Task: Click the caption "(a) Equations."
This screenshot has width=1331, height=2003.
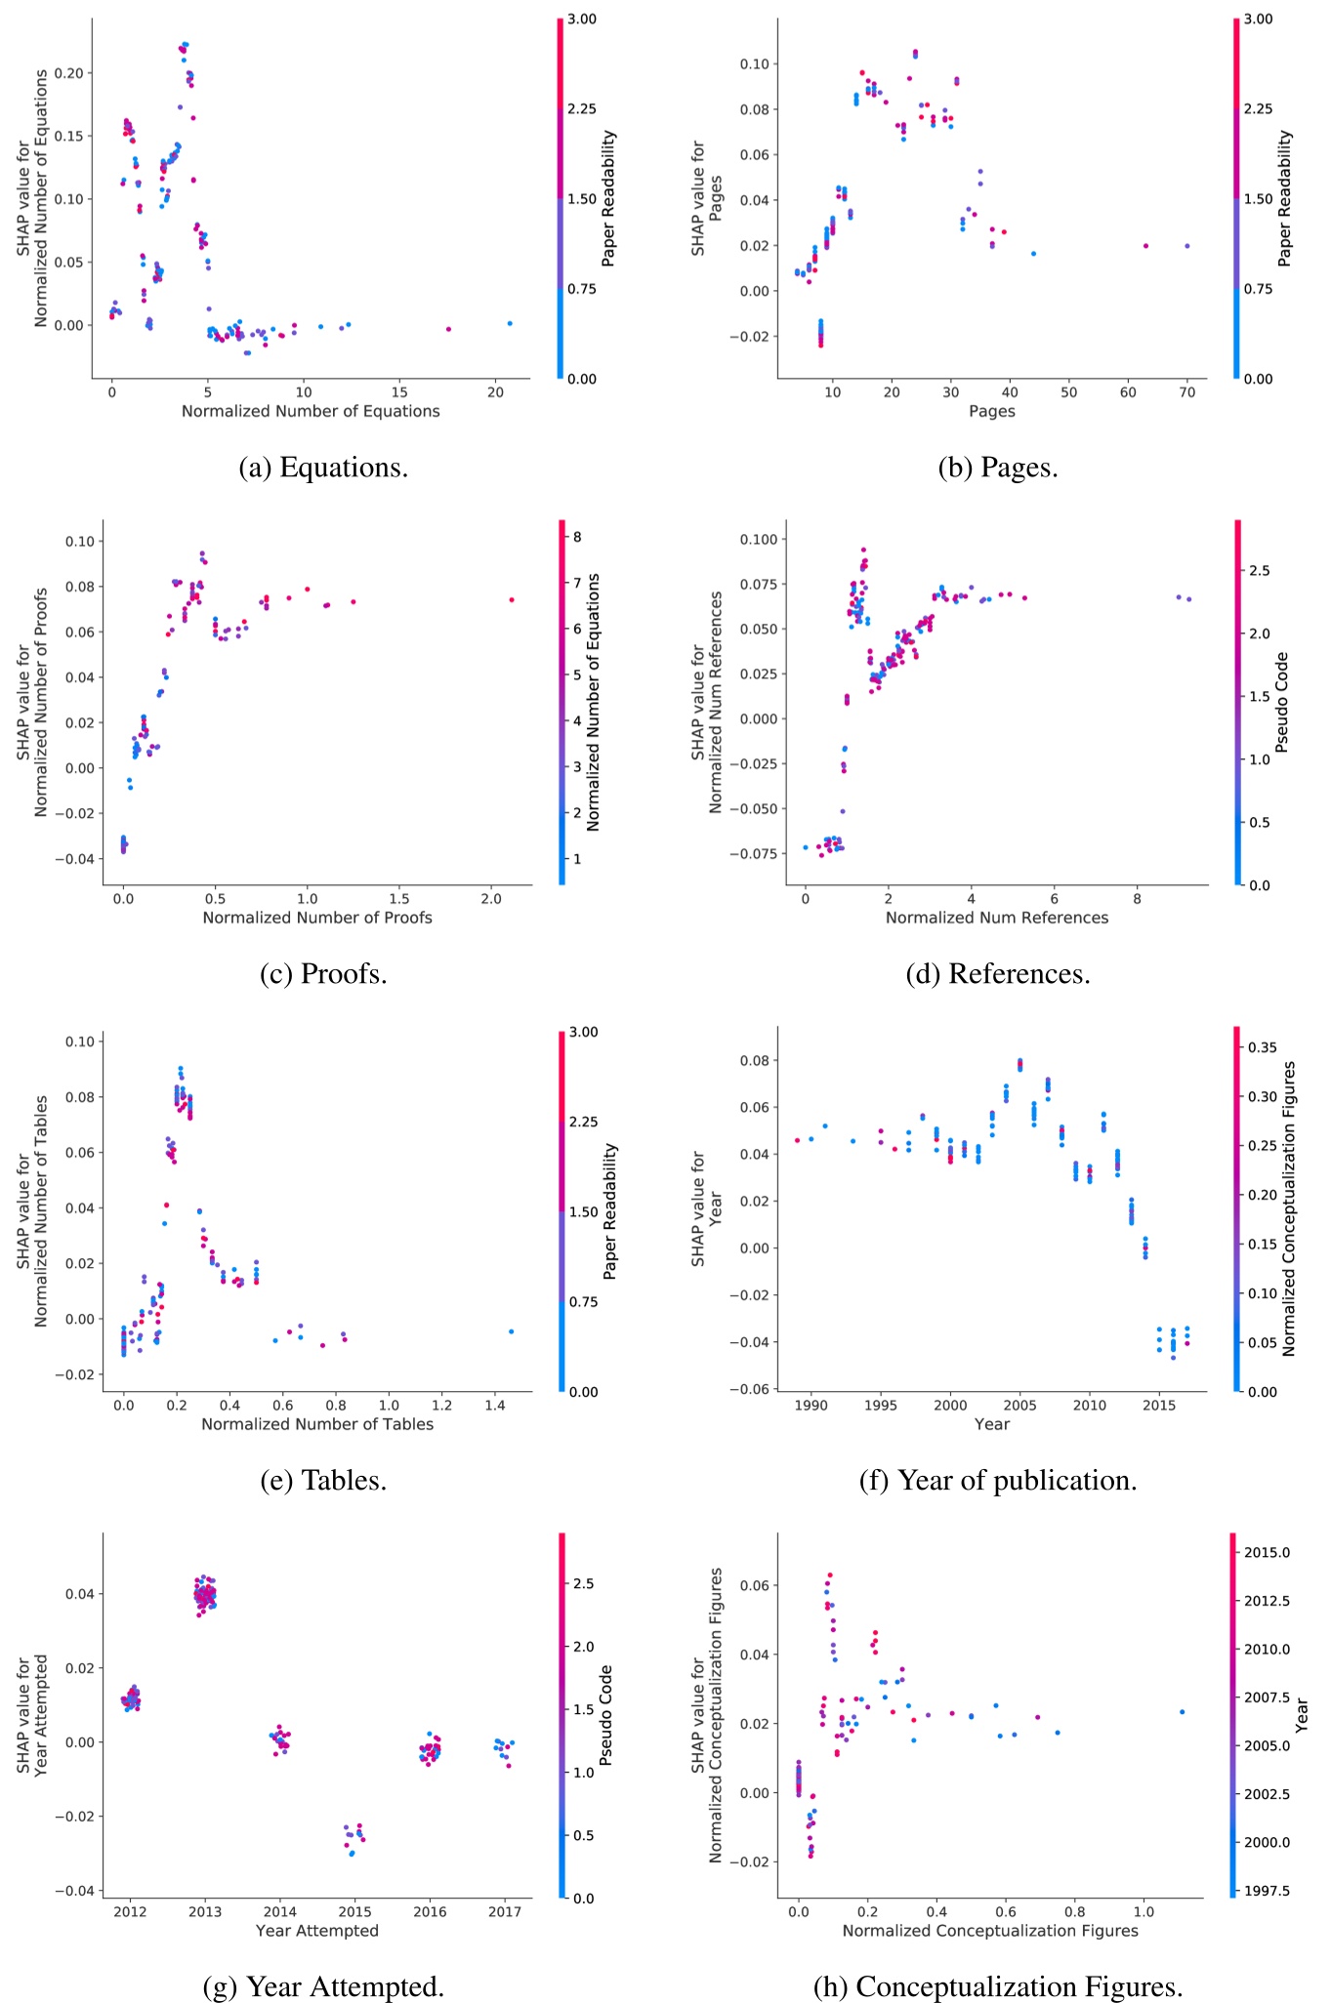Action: (323, 468)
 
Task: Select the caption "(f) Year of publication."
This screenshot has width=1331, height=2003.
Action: (997, 1480)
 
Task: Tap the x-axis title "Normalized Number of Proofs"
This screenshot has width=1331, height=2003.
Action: (317, 918)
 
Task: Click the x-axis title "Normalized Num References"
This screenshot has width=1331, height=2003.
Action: (997, 918)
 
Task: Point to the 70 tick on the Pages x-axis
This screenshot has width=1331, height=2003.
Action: (1186, 392)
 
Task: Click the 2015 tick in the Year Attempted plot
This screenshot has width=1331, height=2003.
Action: (354, 1912)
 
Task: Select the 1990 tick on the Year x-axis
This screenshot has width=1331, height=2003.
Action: (811, 1406)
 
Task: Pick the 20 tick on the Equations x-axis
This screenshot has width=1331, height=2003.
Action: (495, 392)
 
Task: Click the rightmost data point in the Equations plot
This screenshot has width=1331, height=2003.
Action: (510, 323)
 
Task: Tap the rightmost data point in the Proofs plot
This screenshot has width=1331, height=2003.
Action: (512, 599)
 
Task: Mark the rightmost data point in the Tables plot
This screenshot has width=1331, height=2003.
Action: (511, 1331)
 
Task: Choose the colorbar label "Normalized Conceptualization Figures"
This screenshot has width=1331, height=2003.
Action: (1289, 1208)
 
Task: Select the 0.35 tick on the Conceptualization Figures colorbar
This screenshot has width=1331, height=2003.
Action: (1264, 1047)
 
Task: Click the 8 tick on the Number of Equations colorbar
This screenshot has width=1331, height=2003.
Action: (578, 537)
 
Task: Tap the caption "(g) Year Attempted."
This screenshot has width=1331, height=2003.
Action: (323, 1986)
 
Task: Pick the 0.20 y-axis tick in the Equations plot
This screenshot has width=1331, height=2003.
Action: (69, 73)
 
